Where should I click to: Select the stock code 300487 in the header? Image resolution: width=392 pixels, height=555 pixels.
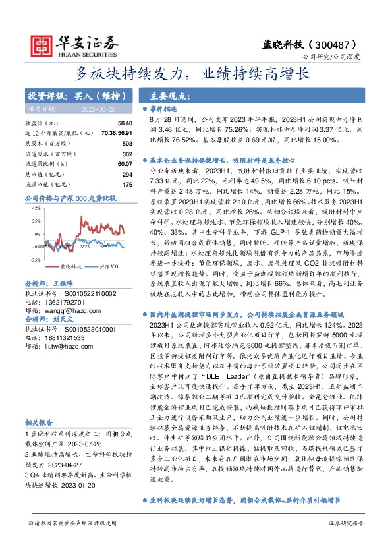click(337, 44)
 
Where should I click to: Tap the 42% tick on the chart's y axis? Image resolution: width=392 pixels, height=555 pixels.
click(36, 208)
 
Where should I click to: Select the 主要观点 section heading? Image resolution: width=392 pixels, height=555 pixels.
click(171, 96)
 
